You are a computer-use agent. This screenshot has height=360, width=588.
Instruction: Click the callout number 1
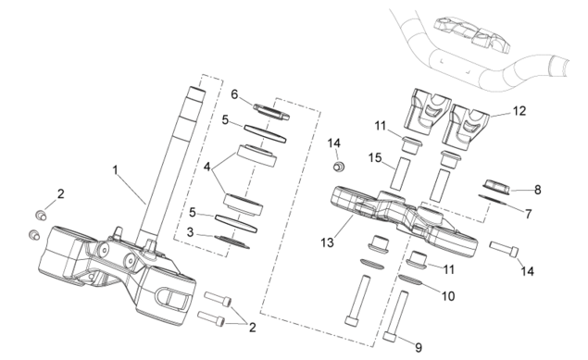coord(116,170)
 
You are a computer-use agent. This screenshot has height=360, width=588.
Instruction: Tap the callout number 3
coord(190,232)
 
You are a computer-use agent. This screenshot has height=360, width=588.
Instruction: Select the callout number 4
coord(207,167)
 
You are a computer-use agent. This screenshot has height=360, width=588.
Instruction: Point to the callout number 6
coord(234,94)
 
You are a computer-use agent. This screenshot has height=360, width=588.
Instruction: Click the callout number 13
coord(327,242)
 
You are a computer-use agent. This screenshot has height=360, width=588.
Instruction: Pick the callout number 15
coord(375,157)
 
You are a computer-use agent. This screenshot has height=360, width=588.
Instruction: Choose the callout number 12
coord(519,111)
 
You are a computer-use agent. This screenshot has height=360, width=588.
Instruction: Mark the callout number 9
coord(419,348)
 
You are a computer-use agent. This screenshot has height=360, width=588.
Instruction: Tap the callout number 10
coord(448,296)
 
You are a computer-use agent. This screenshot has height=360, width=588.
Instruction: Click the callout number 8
coord(538,190)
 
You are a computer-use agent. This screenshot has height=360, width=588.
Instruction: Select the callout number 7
coord(528,214)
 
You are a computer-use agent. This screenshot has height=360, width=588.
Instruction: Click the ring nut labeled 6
coord(271,111)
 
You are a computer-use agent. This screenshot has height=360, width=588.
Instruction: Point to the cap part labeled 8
coord(495,187)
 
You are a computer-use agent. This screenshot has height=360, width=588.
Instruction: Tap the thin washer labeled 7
coord(493,199)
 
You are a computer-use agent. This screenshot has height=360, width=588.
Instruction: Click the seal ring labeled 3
coord(231,242)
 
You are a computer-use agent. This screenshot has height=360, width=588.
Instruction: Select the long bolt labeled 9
coord(396,316)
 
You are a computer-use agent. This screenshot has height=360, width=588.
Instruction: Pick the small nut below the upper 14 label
coord(339,166)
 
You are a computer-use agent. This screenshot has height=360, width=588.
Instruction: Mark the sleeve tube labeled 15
coord(399,174)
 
